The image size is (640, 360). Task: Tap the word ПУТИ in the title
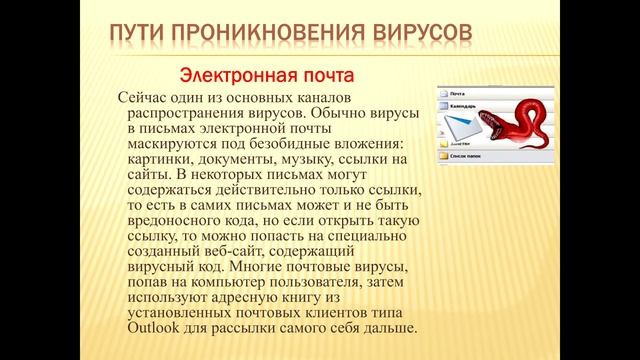pyautogui.click(x=139, y=36)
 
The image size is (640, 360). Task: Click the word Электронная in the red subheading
pyautogui.click(x=233, y=75)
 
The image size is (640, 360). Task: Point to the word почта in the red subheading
pyautogui.click(x=323, y=75)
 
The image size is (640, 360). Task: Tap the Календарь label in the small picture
pyautogui.click(x=466, y=104)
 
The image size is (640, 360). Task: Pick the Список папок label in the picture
pyautogui.click(x=469, y=157)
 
